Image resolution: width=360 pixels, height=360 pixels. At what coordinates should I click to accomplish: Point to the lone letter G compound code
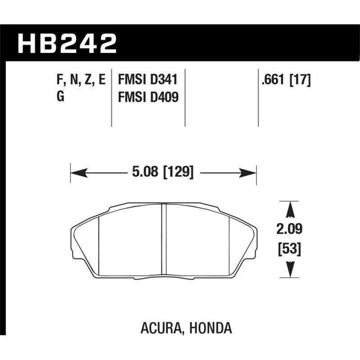[61, 96]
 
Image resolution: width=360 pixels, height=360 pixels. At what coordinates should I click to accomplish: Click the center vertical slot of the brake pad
[164, 238]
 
